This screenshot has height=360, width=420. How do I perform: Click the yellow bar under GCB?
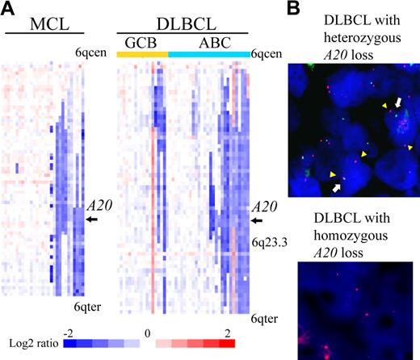142,53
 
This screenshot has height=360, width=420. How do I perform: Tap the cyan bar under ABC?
209,53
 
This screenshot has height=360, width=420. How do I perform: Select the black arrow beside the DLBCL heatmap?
258,220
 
